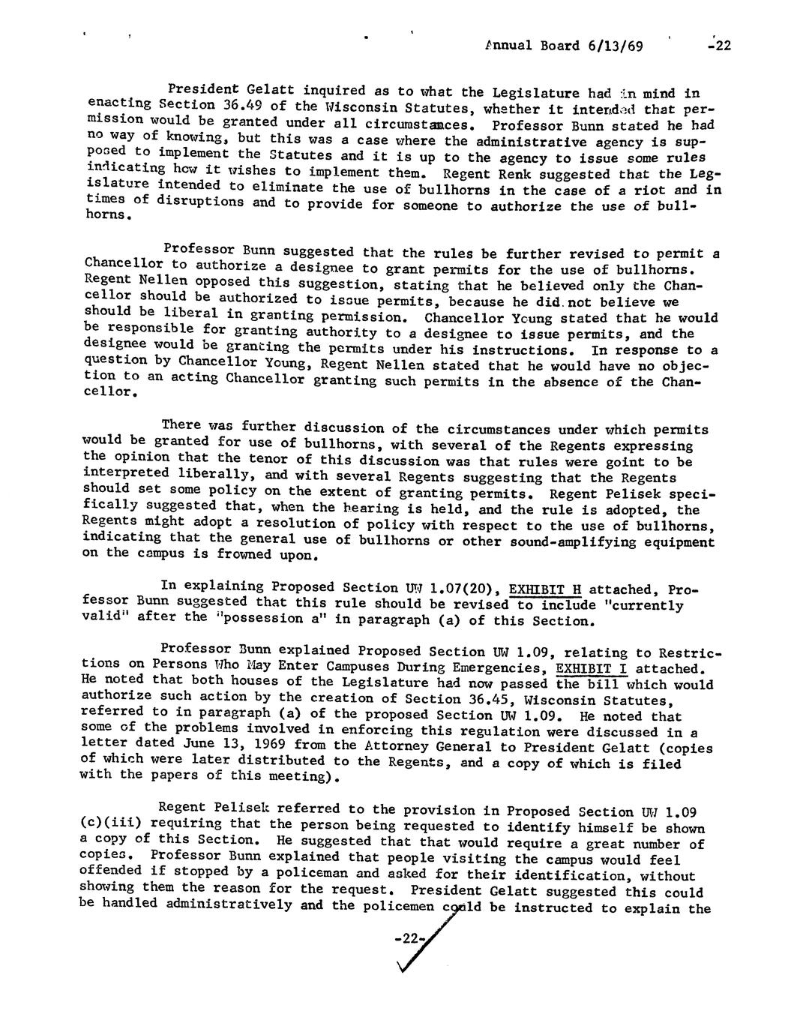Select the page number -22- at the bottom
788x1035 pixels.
click(409, 939)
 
